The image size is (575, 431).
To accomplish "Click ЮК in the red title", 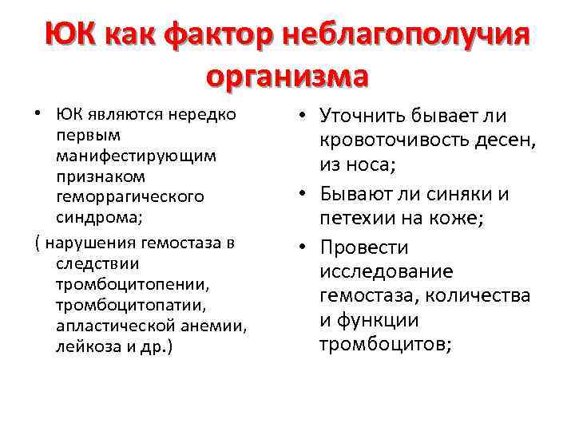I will (x=70, y=36).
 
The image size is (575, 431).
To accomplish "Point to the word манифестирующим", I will (x=137, y=155).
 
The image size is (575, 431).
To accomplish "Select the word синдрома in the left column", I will (x=96, y=216).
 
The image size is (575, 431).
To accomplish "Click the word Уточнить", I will (x=367, y=117).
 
